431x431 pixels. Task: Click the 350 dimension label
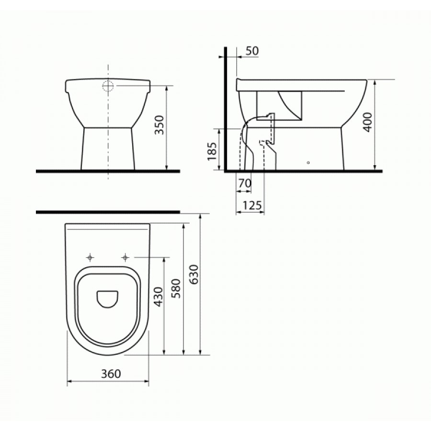coord(159,125)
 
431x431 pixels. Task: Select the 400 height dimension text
coord(367,122)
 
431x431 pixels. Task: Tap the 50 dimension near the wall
coord(252,51)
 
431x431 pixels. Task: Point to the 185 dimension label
coord(212,151)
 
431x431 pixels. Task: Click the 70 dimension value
coord(245,183)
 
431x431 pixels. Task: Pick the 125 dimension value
coord(252,205)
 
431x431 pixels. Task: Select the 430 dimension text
coord(159,297)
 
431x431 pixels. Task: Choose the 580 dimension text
coord(176,289)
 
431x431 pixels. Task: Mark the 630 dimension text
coord(193,274)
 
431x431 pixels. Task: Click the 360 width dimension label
coord(111,374)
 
